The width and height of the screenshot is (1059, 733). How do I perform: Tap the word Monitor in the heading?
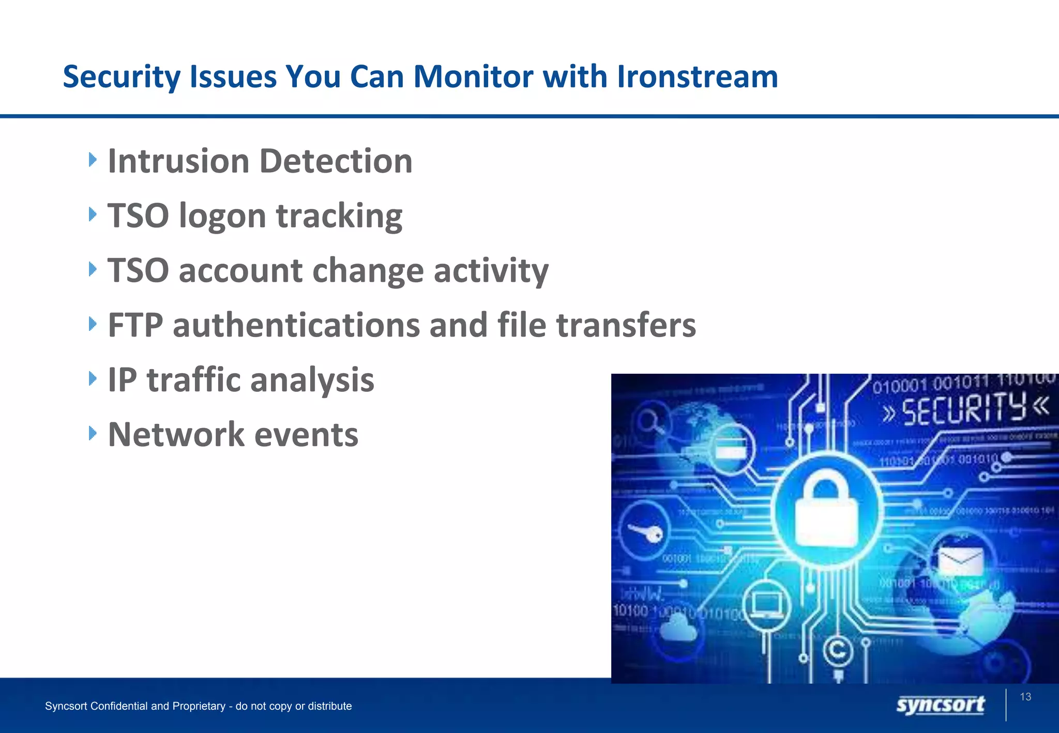coord(473,77)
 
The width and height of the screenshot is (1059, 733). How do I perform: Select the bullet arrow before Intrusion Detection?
coord(93,160)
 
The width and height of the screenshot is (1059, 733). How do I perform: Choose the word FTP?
coord(135,325)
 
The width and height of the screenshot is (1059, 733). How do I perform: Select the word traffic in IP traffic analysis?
coord(193,380)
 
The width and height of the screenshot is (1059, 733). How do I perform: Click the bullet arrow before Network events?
coord(93,433)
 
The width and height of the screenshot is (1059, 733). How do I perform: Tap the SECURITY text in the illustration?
coord(964,408)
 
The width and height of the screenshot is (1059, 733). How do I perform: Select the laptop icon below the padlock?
coord(766,605)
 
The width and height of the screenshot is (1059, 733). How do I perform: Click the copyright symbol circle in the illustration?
coord(837,650)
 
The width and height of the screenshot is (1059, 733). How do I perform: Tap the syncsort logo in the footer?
coord(940,705)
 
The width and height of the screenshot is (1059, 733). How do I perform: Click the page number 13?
coord(1025,697)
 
